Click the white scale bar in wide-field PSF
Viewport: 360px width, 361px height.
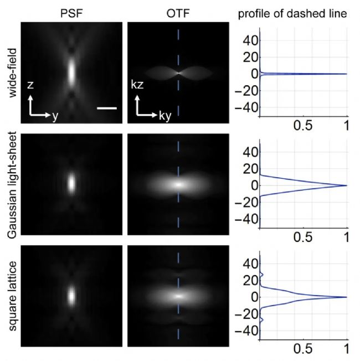pyautogui.click(x=107, y=108)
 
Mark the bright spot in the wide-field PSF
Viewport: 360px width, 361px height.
pyautogui.click(x=71, y=71)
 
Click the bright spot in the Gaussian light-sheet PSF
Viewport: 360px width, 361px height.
pyautogui.click(x=71, y=183)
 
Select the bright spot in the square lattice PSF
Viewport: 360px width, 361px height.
pyautogui.click(x=71, y=295)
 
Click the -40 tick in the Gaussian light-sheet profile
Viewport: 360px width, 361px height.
pyautogui.click(x=246, y=219)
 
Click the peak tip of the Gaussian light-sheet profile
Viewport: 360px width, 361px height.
pyautogui.click(x=346, y=185)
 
